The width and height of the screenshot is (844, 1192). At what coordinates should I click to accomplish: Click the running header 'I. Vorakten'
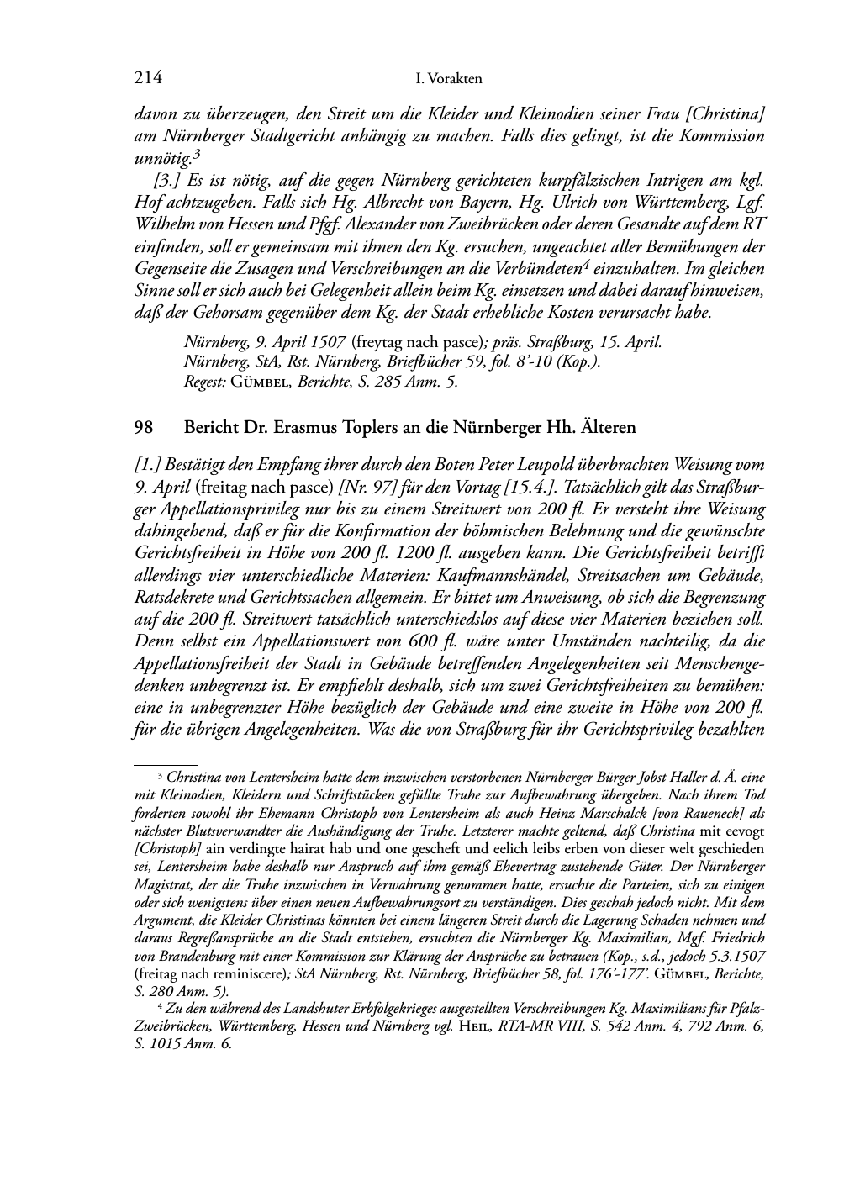pos(449,80)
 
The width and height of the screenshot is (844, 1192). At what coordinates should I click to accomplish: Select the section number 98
pos(143,428)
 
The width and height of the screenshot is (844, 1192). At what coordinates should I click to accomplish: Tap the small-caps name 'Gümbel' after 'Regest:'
pos(260,382)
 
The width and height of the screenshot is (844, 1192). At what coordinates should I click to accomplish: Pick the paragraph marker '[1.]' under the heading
pos(149,466)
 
